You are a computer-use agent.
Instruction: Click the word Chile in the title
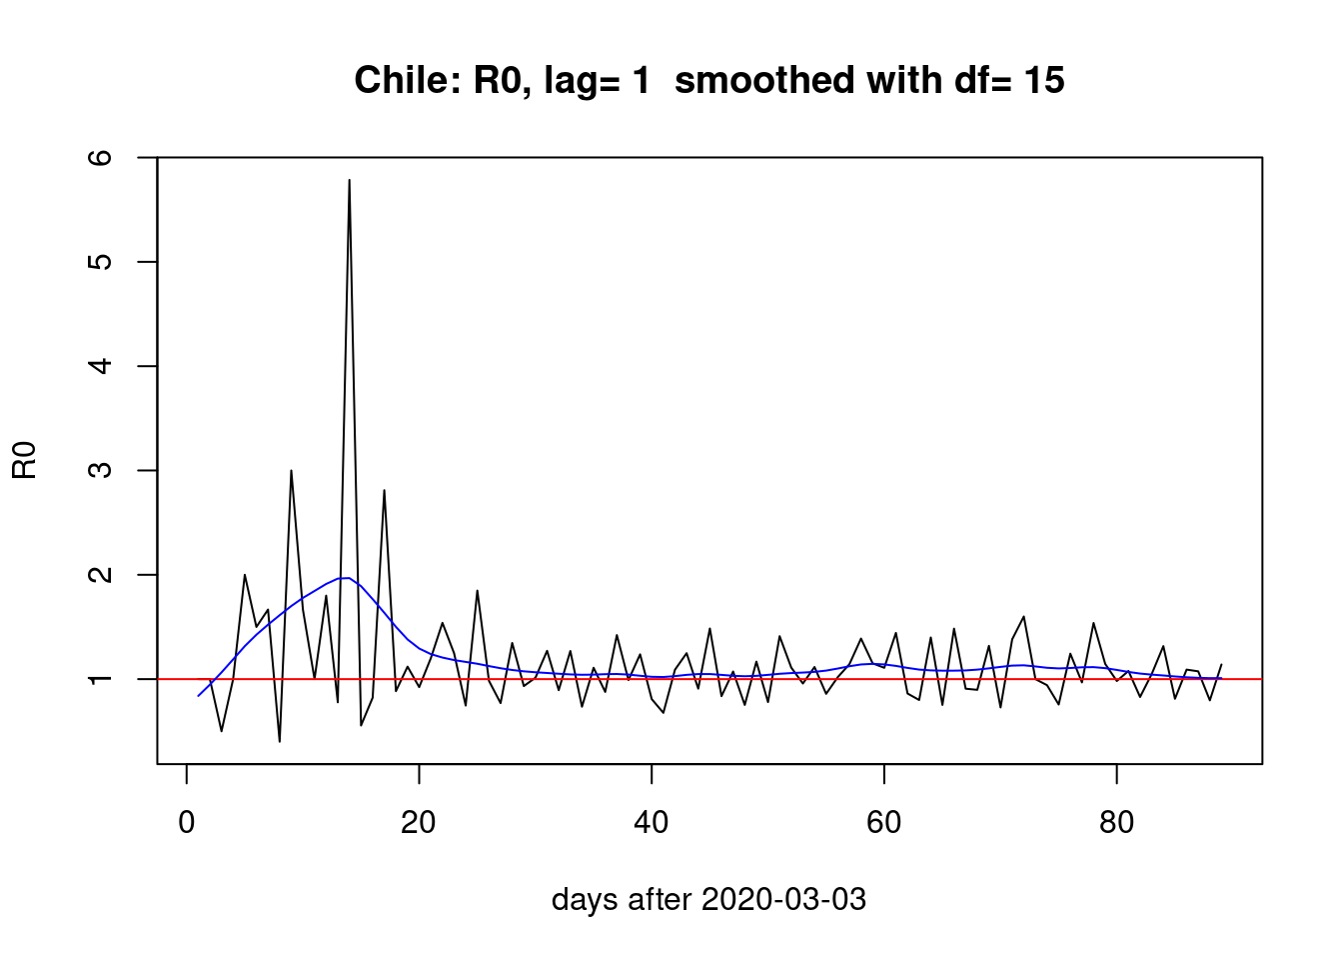[x=403, y=81]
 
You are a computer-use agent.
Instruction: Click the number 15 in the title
[x=1043, y=81]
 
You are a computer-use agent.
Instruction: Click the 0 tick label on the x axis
[x=187, y=823]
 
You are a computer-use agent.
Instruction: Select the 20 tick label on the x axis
[x=419, y=823]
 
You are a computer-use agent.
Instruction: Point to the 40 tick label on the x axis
[x=652, y=823]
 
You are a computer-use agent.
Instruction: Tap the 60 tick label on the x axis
[x=884, y=823]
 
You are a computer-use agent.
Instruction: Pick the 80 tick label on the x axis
[x=1116, y=823]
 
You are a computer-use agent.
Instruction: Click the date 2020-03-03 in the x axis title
[x=783, y=900]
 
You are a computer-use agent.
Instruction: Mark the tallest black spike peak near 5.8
[x=349, y=180]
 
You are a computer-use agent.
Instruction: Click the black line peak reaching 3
[x=291, y=470]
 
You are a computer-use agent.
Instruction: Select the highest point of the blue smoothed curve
[x=345, y=578]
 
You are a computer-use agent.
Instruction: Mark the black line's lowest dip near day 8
[x=280, y=741]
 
